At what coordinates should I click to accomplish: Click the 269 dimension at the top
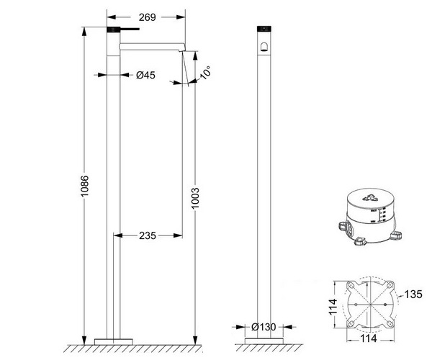(x=148, y=16)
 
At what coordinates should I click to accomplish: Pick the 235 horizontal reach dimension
(x=148, y=235)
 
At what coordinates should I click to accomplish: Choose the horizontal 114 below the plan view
(x=371, y=337)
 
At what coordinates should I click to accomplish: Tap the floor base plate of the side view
(x=114, y=339)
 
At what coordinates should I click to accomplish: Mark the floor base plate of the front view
(x=264, y=339)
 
